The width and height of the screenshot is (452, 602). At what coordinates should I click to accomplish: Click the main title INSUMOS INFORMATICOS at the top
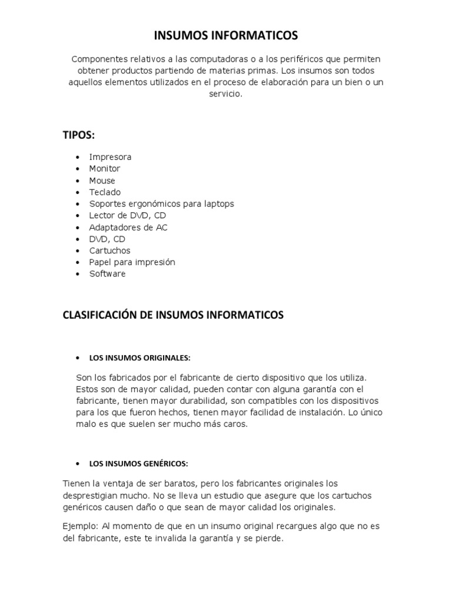click(226, 36)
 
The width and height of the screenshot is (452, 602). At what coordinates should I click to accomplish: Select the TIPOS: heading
click(78, 135)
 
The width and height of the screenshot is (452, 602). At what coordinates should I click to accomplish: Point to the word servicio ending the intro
click(225, 94)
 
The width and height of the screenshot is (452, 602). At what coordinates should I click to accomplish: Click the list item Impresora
click(110, 157)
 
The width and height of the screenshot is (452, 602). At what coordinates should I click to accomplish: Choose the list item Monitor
click(104, 169)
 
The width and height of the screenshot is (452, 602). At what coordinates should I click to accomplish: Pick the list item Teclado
click(105, 192)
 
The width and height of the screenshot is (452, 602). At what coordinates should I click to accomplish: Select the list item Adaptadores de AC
click(128, 228)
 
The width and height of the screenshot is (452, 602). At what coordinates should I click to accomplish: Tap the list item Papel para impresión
click(132, 262)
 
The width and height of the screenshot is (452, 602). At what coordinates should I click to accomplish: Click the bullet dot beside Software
click(78, 275)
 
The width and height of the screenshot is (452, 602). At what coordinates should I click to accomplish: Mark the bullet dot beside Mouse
click(78, 181)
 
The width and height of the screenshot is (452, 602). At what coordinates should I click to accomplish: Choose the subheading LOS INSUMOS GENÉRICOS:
click(138, 464)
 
